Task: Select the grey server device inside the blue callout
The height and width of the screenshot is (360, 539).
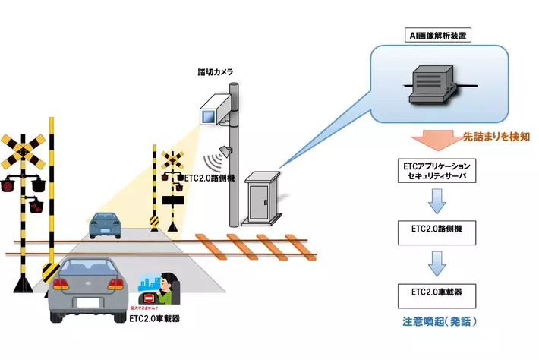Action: [430, 84]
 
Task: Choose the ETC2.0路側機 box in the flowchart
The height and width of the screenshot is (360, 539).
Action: [434, 229]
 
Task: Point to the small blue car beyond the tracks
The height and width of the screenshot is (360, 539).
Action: [105, 225]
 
